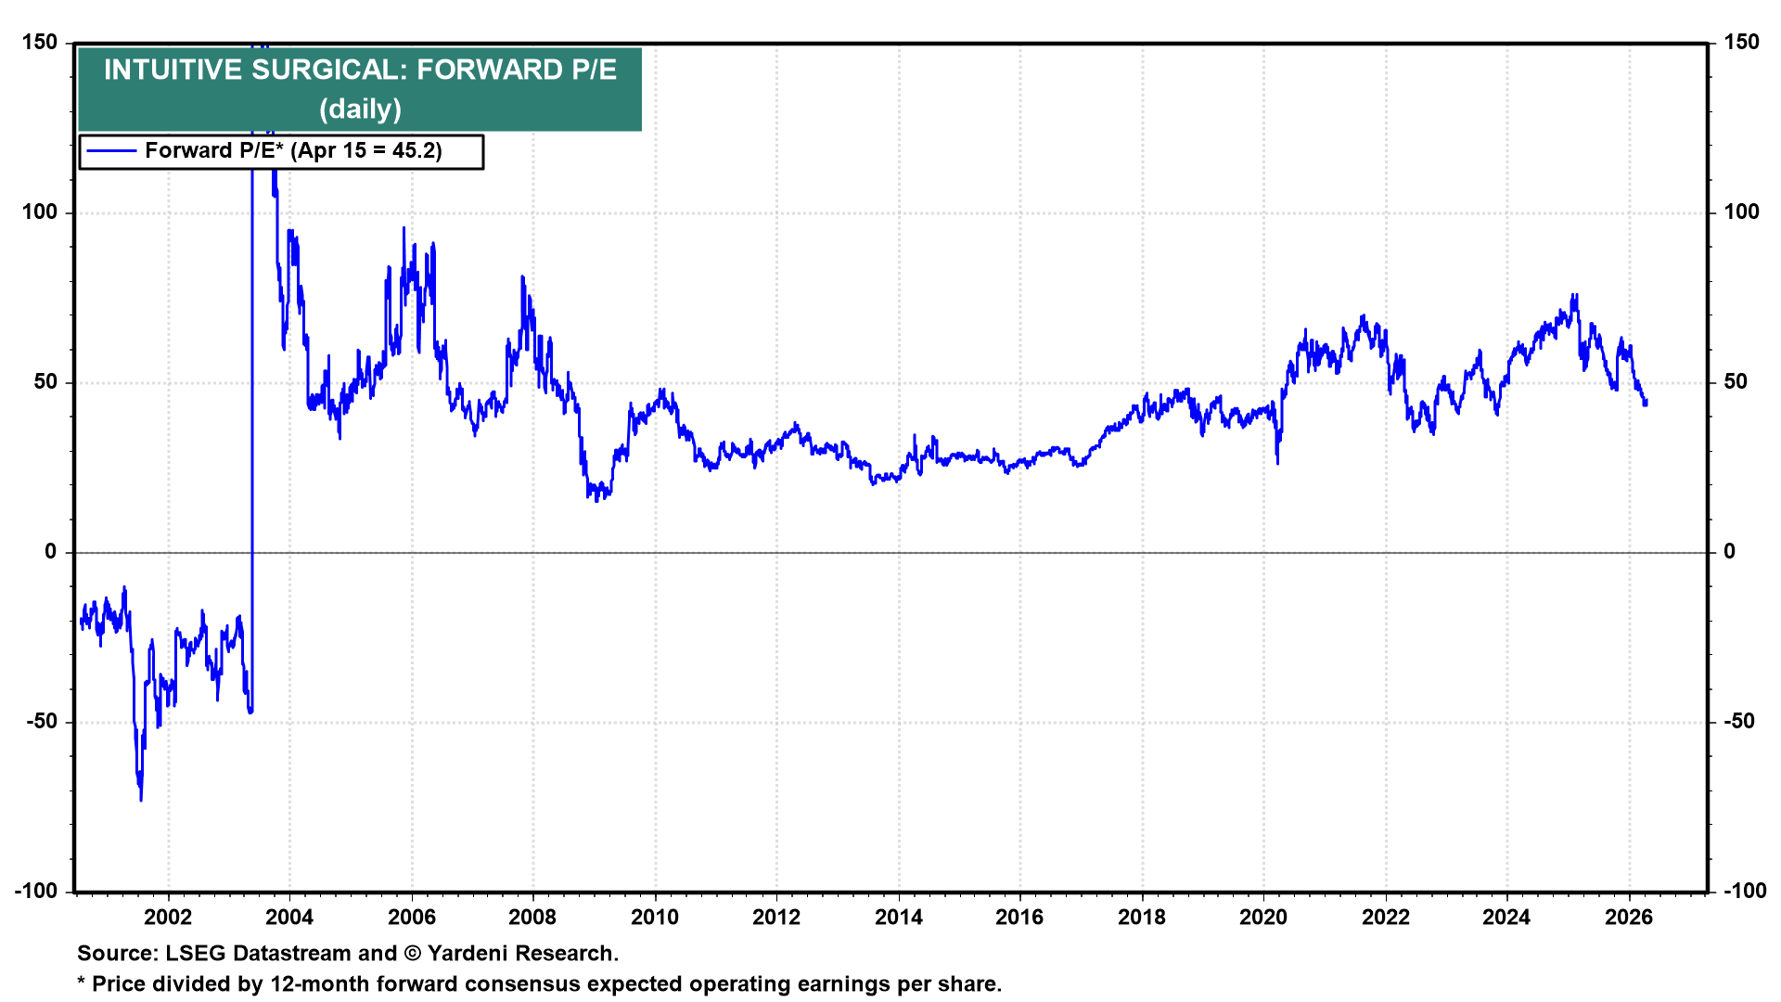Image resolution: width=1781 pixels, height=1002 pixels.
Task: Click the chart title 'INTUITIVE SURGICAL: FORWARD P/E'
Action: click(x=360, y=70)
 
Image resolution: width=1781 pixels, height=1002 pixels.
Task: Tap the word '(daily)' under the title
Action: click(x=360, y=109)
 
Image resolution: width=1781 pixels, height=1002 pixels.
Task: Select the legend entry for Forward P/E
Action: click(x=293, y=151)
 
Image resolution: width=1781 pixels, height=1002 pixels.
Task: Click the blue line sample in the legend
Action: click(x=110, y=151)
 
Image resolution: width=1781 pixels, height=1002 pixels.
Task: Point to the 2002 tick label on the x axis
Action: click(x=168, y=918)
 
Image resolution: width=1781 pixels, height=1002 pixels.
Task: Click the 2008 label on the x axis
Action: click(x=532, y=918)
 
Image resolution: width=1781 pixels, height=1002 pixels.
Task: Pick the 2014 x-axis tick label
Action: click(x=898, y=918)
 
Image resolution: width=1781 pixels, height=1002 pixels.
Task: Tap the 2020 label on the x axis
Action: click(x=1263, y=918)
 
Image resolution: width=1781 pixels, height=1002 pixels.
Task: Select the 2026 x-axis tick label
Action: click(x=1629, y=918)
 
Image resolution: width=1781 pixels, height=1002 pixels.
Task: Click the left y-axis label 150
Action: click(x=39, y=43)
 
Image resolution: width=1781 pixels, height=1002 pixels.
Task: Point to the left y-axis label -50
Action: click(x=39, y=722)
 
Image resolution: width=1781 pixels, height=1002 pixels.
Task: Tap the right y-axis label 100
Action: click(x=1741, y=212)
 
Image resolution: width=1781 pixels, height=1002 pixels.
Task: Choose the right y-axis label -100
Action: click(x=1745, y=892)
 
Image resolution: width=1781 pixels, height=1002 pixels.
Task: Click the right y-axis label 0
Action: click(x=1729, y=552)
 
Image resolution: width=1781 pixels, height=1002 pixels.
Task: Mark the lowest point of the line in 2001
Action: click(x=141, y=800)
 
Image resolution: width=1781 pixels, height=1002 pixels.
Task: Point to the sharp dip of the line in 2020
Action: click(x=1277, y=463)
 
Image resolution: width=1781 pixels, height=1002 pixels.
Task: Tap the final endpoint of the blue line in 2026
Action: click(x=1646, y=403)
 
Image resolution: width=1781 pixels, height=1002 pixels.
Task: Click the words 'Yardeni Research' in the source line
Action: click(x=521, y=954)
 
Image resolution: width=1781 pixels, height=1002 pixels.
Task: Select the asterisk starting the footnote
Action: click(x=82, y=983)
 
